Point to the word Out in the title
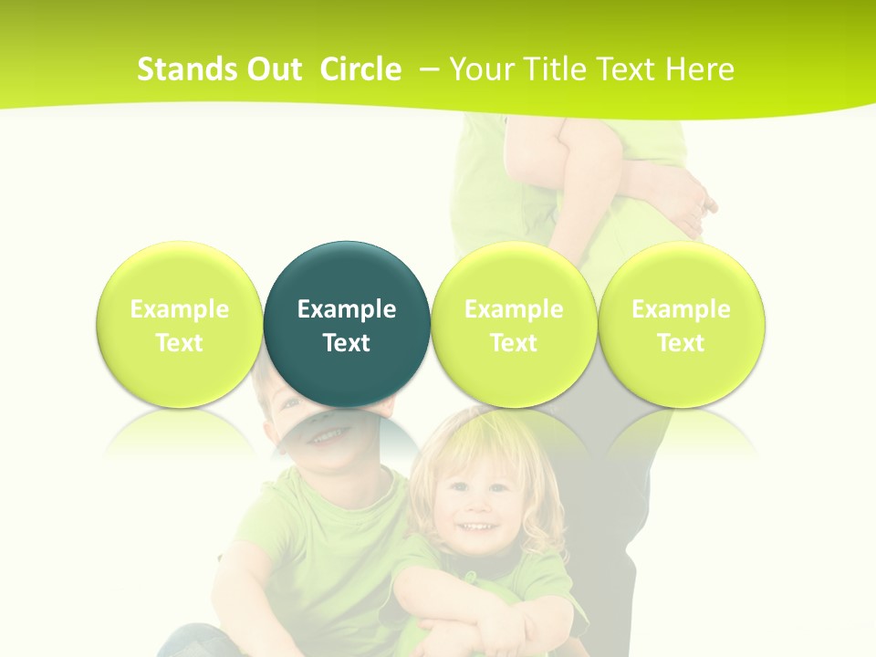(273, 69)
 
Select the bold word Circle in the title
(360, 69)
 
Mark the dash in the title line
(429, 69)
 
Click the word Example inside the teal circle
(347, 309)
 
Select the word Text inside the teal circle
(347, 343)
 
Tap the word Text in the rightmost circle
(682, 343)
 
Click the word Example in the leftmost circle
(179, 309)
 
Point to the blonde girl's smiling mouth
(473, 528)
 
